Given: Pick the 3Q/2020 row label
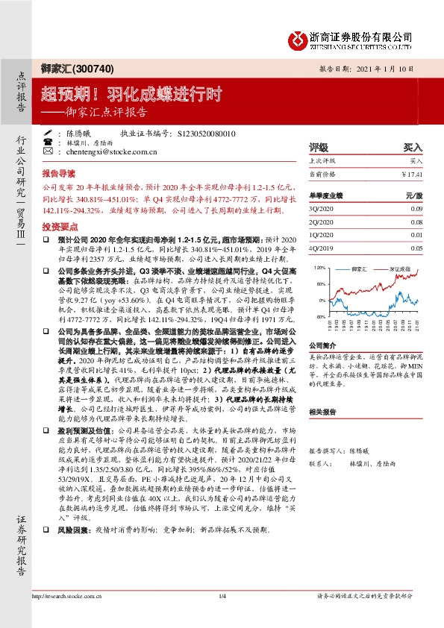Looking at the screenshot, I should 322,210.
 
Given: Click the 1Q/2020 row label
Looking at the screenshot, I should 322,235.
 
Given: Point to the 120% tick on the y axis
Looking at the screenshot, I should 321,266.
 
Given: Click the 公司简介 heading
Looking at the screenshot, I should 323,345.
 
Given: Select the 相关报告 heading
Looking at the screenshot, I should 323,411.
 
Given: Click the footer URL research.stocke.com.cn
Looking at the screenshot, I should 66,597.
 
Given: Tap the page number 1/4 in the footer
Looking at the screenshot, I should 222,597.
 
